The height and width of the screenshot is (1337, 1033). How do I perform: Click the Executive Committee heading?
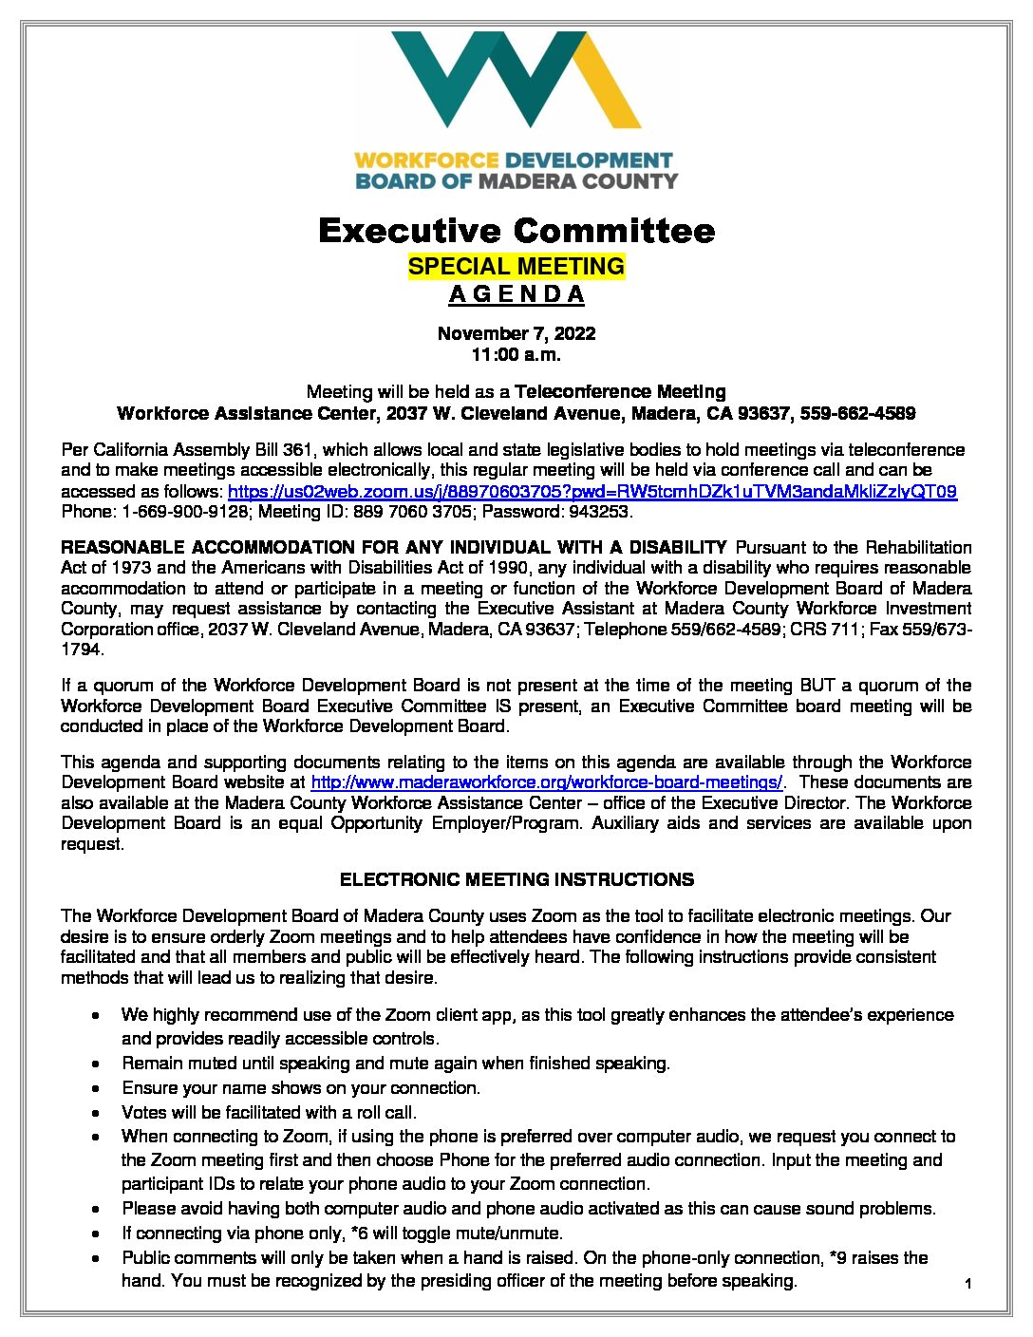click(x=516, y=231)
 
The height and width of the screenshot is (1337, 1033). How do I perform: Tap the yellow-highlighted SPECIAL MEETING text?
click(x=516, y=267)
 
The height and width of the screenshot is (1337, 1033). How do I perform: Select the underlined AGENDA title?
click(x=516, y=294)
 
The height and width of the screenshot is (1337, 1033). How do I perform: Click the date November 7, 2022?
click(x=516, y=333)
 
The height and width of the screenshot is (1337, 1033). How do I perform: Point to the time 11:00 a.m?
click(x=516, y=355)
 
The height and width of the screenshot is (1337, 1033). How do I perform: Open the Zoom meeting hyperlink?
click(x=592, y=492)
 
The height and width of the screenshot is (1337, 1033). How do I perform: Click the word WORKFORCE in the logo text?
click(x=427, y=160)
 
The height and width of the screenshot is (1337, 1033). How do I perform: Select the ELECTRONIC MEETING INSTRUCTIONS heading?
click(x=516, y=880)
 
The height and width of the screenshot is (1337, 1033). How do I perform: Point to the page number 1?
click(x=967, y=1285)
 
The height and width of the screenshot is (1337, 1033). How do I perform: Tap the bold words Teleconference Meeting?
click(x=620, y=392)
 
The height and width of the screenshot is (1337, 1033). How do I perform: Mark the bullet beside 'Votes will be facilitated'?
click(x=97, y=1113)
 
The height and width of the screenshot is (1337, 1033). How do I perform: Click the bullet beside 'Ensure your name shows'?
click(x=97, y=1088)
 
